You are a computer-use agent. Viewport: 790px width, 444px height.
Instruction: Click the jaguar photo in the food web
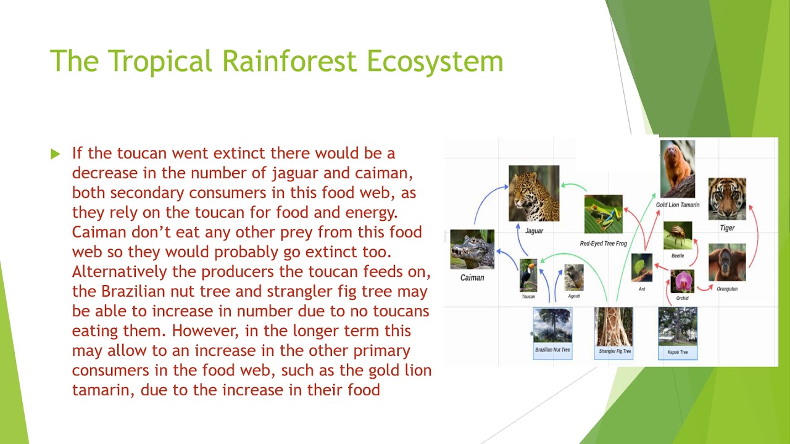[534, 193]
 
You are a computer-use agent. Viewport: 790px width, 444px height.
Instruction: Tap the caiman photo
[472, 250]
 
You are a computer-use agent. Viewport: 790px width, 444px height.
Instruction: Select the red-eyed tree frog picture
[603, 214]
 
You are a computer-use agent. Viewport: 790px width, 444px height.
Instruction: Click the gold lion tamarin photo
[677, 168]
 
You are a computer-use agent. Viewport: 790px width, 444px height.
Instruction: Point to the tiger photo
[727, 199]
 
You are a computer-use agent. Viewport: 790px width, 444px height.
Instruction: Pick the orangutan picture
[727, 263]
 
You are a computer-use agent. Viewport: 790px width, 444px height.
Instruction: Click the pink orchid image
[683, 282]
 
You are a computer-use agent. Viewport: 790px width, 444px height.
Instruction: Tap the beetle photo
[678, 236]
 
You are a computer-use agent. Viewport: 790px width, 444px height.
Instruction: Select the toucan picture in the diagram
[528, 276]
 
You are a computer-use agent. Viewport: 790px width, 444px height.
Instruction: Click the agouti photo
[573, 277]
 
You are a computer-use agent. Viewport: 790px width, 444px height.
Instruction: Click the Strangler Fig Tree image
[613, 326]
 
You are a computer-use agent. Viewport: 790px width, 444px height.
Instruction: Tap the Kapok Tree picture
[678, 326]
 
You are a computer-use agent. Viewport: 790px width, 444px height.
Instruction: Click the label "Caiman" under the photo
[472, 277]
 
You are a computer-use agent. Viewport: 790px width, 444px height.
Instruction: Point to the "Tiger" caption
[727, 228]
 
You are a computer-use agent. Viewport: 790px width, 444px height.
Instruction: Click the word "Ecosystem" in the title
[434, 61]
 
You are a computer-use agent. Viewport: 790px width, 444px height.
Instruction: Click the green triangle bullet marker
[56, 154]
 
